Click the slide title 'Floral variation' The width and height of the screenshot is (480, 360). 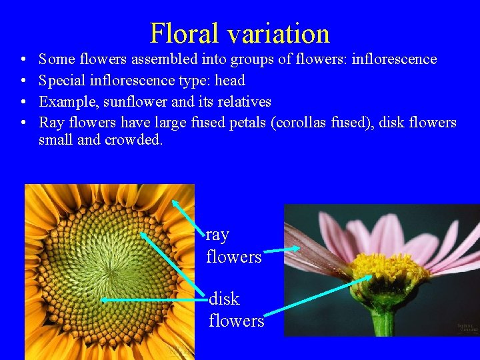click(x=240, y=33)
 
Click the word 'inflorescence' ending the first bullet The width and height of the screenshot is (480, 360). click(x=394, y=59)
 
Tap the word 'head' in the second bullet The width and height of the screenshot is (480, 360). click(x=230, y=81)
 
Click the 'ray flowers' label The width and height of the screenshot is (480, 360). click(x=233, y=245)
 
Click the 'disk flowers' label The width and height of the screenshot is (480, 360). click(x=236, y=309)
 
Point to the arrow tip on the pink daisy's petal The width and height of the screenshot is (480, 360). click(x=299, y=248)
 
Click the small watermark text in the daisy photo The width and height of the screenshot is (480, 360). click(x=467, y=327)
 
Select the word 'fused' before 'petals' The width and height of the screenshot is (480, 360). click(x=203, y=123)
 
